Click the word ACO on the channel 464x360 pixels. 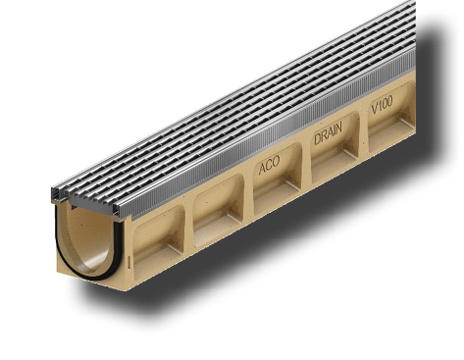[x=269, y=165]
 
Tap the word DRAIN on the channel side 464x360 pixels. [x=328, y=133]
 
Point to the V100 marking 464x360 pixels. [x=382, y=105]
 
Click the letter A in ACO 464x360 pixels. [x=262, y=169]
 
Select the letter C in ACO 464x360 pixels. [x=269, y=165]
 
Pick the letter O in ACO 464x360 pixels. [x=277, y=162]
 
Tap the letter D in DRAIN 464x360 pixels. [x=317, y=138]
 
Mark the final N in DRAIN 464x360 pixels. [x=338, y=128]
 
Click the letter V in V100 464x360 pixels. [x=375, y=109]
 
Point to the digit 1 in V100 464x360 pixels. [x=380, y=106]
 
